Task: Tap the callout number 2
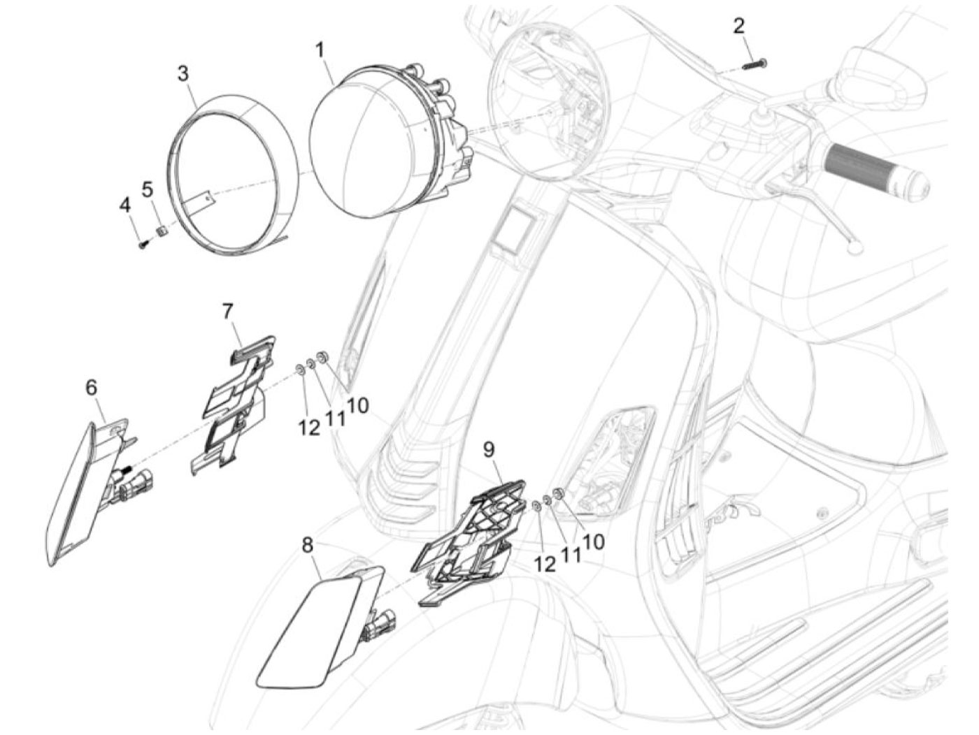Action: point(738,26)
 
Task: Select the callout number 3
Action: point(183,74)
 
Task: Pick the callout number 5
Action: point(147,190)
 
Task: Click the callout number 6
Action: point(91,388)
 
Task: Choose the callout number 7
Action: point(227,312)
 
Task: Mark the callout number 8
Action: point(307,546)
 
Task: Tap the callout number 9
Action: point(489,450)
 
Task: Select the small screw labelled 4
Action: point(143,244)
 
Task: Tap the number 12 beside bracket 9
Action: point(544,565)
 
